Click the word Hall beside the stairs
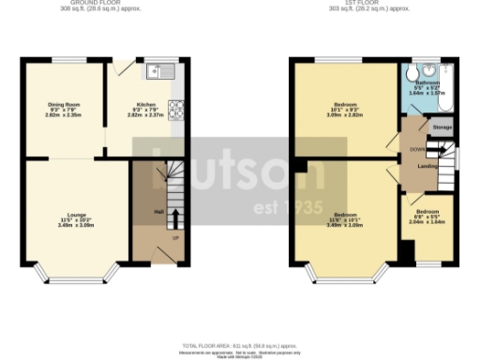(x=158, y=211)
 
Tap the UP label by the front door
(x=175, y=237)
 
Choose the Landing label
(x=427, y=166)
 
